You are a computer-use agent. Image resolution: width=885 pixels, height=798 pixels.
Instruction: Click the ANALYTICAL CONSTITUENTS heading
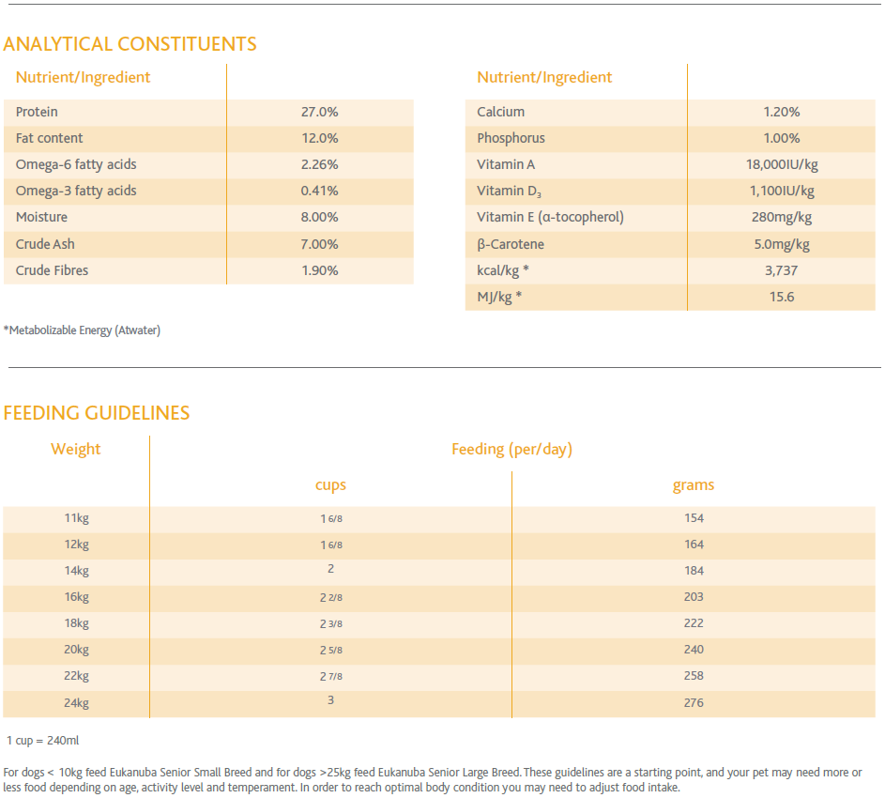[x=130, y=44]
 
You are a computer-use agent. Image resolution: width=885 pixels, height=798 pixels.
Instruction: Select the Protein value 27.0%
[x=319, y=112]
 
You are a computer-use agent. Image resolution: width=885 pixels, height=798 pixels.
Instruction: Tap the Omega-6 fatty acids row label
[x=76, y=165]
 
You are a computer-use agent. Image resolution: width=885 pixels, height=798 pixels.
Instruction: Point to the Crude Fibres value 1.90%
[x=319, y=270]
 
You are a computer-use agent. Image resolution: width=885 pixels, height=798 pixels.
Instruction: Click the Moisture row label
[x=42, y=218]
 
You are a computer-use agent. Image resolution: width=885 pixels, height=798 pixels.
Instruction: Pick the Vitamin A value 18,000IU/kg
[x=782, y=165]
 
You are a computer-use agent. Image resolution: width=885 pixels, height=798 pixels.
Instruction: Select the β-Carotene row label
[x=511, y=244]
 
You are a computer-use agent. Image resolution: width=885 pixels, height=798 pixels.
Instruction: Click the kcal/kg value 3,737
[x=782, y=271]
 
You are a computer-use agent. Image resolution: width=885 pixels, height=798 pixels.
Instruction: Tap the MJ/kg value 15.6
[x=782, y=297]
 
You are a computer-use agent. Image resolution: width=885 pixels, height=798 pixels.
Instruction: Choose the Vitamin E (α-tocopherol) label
[x=550, y=218]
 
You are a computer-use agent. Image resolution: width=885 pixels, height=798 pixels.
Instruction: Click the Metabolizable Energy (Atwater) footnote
[x=82, y=330]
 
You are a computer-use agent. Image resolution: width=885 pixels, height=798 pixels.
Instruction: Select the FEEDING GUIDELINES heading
[x=97, y=413]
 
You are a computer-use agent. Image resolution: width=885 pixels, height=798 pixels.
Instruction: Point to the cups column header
[x=330, y=485]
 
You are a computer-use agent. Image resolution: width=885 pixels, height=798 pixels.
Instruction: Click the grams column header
[x=694, y=485]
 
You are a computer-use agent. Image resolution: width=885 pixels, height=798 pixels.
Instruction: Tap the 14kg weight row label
[x=77, y=571]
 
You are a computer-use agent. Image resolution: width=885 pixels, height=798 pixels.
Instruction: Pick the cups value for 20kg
[x=331, y=650]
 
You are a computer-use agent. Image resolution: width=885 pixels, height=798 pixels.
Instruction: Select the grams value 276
[x=694, y=703]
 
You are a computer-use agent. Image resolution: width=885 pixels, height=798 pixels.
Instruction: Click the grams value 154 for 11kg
[x=694, y=518]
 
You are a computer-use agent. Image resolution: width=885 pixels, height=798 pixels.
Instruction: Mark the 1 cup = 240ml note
[x=43, y=741]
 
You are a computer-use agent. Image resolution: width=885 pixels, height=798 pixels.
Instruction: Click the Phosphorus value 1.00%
[x=782, y=138]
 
